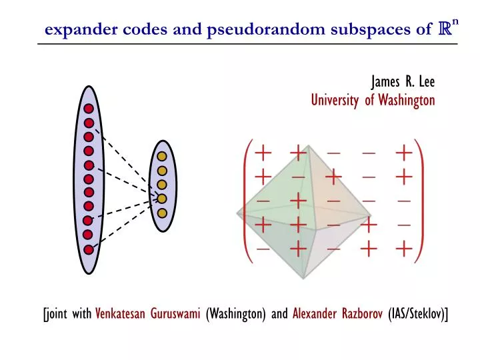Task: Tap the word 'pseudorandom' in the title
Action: tap(250, 29)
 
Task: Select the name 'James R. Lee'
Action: tap(403, 82)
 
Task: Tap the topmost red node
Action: tap(88, 109)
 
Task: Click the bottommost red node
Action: tap(88, 249)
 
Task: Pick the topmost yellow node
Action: tap(161, 156)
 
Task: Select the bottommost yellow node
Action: tap(161, 213)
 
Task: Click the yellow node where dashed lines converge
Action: tap(161, 199)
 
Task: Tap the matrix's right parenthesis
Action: tap(419, 201)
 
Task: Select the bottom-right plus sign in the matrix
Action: tap(403, 249)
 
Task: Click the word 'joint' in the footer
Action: tap(61, 313)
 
